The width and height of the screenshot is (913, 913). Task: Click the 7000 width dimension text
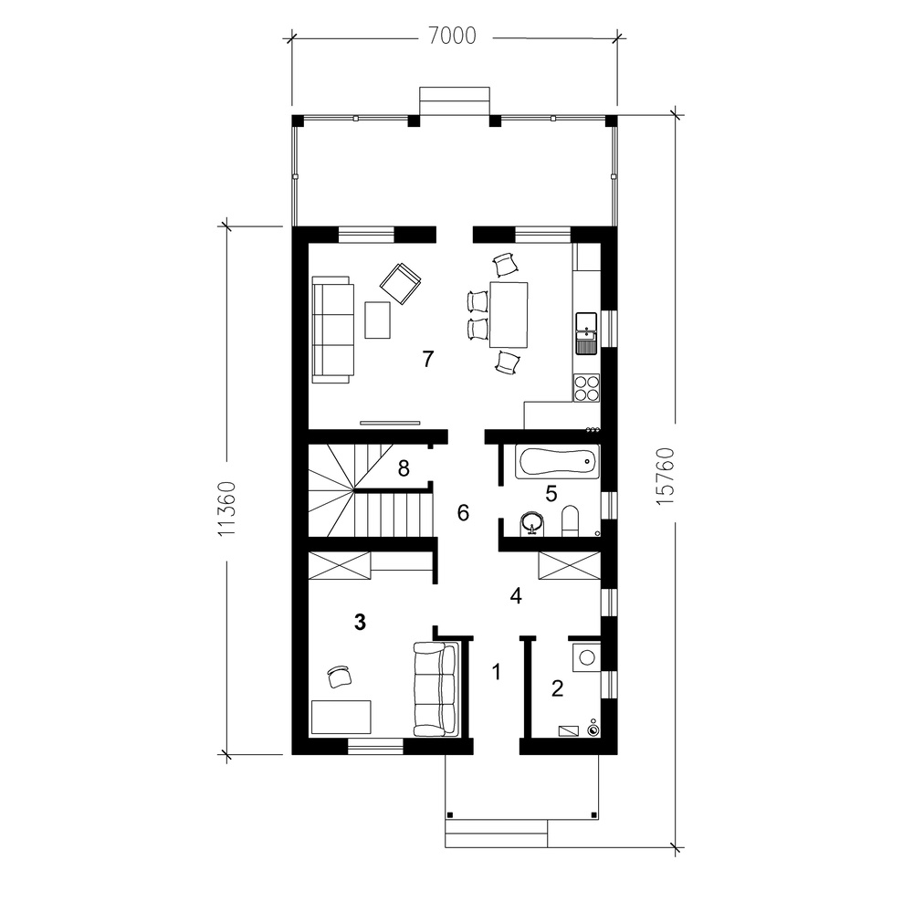[453, 37]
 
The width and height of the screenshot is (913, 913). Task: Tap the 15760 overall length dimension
[665, 476]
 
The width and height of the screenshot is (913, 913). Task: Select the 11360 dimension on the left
[226, 509]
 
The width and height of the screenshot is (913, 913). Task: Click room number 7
[428, 359]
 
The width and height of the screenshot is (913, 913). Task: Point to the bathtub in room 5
[557, 462]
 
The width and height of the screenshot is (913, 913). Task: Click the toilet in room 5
[570, 520]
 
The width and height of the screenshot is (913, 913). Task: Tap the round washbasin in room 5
[531, 522]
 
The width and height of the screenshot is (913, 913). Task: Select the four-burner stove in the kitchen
[586, 388]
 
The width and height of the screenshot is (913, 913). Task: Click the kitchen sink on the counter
[586, 333]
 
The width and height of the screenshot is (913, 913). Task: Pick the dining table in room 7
[509, 314]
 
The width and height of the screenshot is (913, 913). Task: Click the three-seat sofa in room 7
[333, 330]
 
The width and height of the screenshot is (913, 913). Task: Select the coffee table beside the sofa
[378, 320]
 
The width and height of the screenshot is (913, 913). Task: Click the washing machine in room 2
[586, 656]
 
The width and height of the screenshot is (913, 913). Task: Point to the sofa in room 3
[436, 688]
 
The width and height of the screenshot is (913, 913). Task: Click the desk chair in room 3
[339, 677]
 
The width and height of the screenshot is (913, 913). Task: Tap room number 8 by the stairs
[404, 467]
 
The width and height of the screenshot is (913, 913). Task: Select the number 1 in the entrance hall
[496, 672]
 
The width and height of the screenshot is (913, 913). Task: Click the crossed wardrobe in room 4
[570, 565]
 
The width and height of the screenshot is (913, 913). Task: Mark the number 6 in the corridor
[463, 512]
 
